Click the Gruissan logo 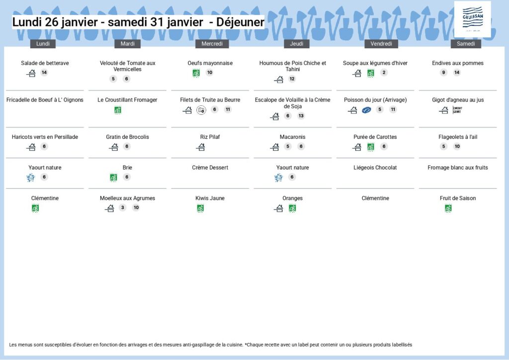472,19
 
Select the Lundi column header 43,44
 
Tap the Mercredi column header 210,44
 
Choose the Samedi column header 466,44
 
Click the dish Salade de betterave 45,63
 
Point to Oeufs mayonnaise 210,63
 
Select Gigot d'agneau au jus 458,100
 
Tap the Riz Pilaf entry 210,137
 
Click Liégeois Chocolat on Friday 375,168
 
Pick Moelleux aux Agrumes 127,198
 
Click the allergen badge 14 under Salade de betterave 44,73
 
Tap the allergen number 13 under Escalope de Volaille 301,116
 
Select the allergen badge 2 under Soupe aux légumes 384,73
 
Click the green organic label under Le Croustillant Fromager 118,110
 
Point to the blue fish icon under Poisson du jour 366,110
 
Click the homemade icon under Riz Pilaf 201,147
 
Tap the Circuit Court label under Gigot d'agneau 458,110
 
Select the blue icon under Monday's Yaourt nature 30,178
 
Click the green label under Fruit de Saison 448,208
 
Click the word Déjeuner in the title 240,22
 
